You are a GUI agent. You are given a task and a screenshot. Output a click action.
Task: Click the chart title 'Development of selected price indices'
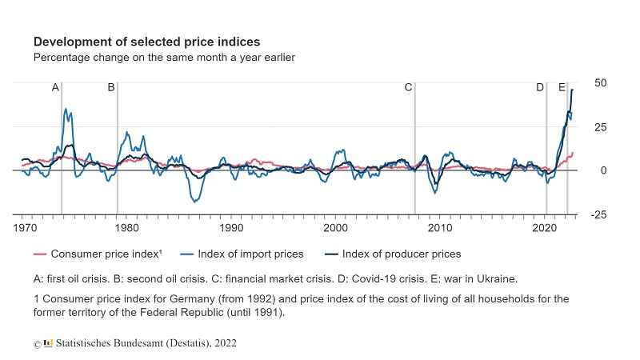pos(146,41)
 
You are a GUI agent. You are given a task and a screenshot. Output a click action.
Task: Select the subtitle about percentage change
pos(164,58)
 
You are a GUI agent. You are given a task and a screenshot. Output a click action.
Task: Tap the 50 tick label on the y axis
pos(600,83)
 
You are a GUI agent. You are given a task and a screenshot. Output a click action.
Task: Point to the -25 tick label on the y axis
pos(598,214)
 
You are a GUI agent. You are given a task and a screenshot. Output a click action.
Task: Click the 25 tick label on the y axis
pos(600,127)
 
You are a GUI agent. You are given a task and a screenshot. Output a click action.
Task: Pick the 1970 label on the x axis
pos(25,228)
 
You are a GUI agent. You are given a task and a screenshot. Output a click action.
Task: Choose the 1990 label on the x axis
pos(232,228)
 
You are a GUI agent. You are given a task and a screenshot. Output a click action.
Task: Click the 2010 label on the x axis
pos(440,228)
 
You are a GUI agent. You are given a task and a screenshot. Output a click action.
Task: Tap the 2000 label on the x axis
pos(336,228)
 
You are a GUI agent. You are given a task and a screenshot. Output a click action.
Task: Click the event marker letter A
pos(55,87)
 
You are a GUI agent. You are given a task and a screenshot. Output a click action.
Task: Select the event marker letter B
pos(111,87)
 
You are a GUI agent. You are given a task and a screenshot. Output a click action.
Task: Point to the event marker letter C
pos(408,87)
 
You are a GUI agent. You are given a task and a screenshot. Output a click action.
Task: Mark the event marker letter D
pos(540,87)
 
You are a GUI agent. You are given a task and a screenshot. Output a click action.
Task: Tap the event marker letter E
pos(562,87)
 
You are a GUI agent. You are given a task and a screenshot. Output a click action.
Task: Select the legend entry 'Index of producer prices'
pos(401,254)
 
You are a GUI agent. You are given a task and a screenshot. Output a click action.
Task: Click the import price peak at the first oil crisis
pos(66,109)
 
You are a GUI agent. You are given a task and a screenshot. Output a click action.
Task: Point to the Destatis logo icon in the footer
pos(48,342)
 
